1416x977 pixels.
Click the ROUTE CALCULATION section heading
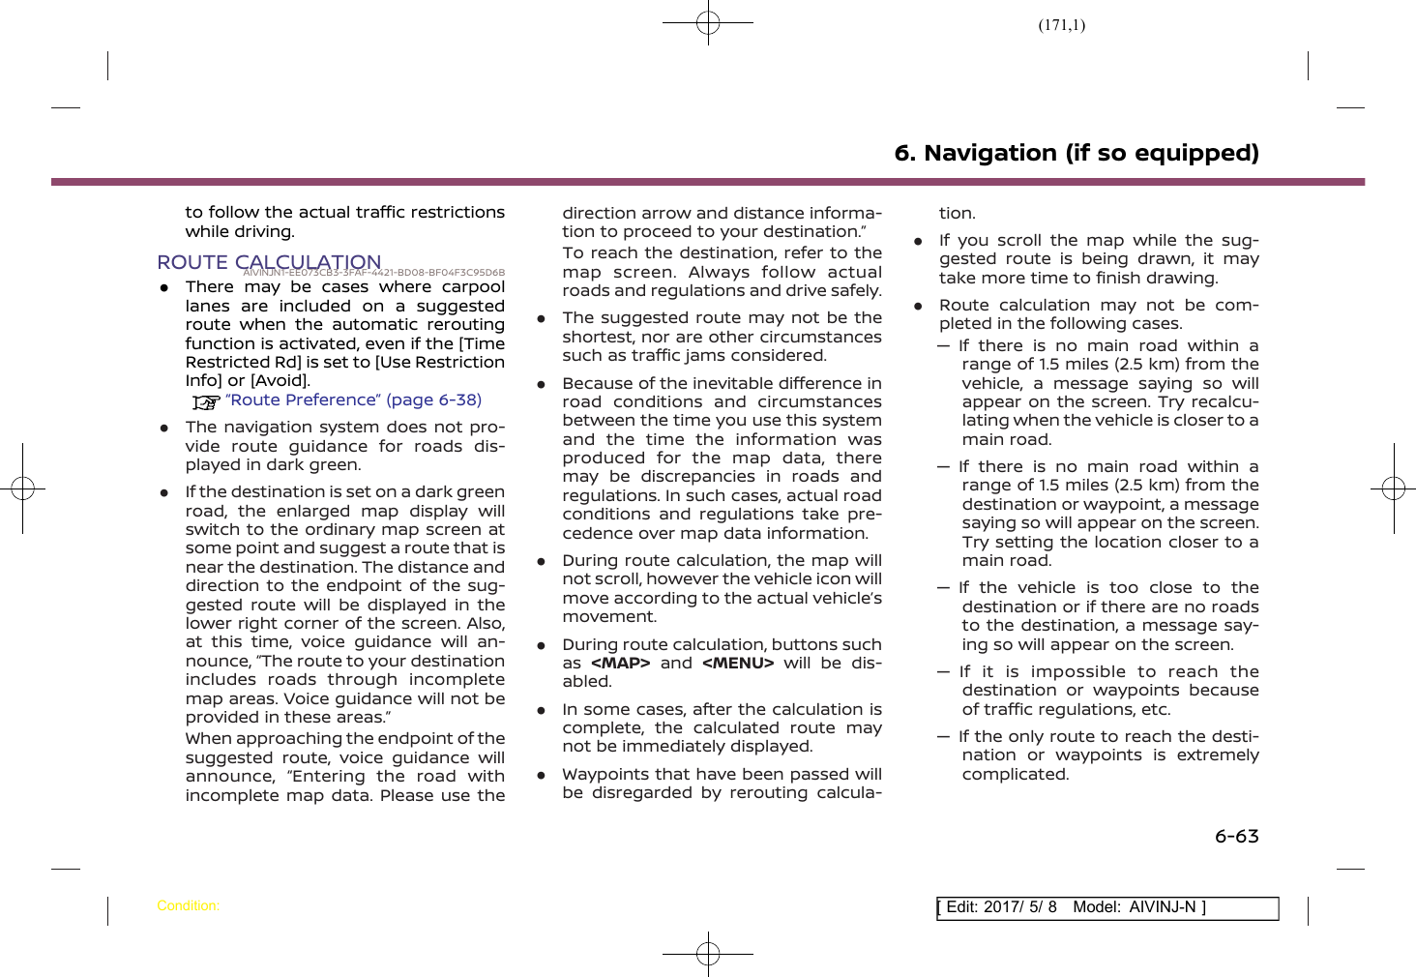pyautogui.click(x=269, y=262)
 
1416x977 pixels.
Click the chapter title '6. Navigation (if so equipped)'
pyautogui.click(x=1076, y=153)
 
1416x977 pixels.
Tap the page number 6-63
pyautogui.click(x=1236, y=836)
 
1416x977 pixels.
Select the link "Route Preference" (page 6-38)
pyautogui.click(x=353, y=400)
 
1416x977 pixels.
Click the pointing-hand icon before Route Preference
pyautogui.click(x=205, y=401)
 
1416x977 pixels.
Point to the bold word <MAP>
pyautogui.click(x=620, y=663)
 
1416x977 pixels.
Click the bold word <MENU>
pyautogui.click(x=737, y=663)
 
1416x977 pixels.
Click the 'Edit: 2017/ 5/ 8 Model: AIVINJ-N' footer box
pyautogui.click(x=1106, y=907)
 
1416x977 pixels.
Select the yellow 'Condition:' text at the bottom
pyautogui.click(x=188, y=906)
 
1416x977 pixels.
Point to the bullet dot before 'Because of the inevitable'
pyautogui.click(x=542, y=384)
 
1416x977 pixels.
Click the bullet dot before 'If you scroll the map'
pyautogui.click(x=919, y=241)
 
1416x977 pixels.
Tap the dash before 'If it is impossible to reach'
pyautogui.click(x=943, y=671)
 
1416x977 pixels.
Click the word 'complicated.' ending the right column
pyautogui.click(x=1016, y=774)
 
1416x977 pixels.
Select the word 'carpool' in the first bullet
pyautogui.click(x=473, y=286)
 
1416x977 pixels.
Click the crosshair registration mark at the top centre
pyautogui.click(x=708, y=21)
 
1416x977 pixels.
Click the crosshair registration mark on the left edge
pyautogui.click(x=22, y=488)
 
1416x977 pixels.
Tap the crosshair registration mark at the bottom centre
pyautogui.click(x=708, y=954)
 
